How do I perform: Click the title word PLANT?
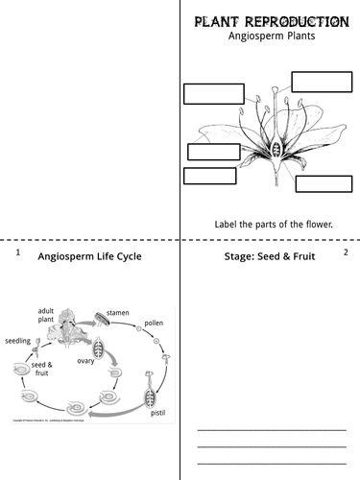[224, 21]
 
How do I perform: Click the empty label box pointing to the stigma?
[212, 94]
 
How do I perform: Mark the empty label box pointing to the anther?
[321, 81]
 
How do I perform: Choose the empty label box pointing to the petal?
[213, 152]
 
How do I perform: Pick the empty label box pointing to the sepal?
[208, 176]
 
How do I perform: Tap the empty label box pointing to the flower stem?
[323, 184]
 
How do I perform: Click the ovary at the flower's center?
[276, 151]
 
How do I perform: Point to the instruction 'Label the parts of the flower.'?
[274, 225]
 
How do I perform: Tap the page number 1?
[17, 252]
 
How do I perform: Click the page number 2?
[346, 252]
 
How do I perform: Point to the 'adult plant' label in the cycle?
[46, 317]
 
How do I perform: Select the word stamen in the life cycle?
[118, 312]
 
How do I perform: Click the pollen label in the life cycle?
[154, 324]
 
